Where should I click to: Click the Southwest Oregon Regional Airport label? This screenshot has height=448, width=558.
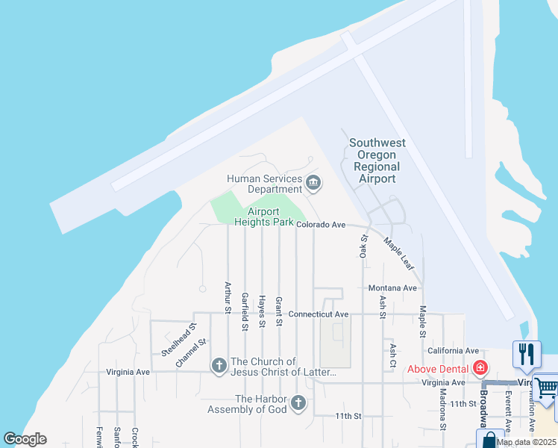click(377, 161)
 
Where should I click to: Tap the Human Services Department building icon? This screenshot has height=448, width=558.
click(313, 183)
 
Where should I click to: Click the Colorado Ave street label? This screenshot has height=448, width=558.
click(321, 224)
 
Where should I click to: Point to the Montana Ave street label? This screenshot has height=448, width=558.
click(392, 288)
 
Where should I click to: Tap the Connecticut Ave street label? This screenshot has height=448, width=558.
click(319, 314)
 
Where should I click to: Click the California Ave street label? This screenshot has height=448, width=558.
click(453, 350)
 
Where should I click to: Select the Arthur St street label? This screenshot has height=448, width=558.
click(228, 296)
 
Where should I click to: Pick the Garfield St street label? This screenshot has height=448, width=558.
click(245, 311)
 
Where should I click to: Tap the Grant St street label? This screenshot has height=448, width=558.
click(278, 311)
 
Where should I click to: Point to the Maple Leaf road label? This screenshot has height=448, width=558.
click(399, 255)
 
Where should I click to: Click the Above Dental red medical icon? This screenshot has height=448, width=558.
click(480, 368)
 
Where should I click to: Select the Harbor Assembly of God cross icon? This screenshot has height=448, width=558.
click(298, 404)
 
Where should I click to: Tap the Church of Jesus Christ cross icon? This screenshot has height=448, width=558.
click(219, 366)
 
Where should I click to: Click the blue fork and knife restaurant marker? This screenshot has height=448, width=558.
click(527, 354)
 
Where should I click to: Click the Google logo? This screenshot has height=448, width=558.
click(25, 439)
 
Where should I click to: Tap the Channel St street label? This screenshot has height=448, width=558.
click(190, 352)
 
